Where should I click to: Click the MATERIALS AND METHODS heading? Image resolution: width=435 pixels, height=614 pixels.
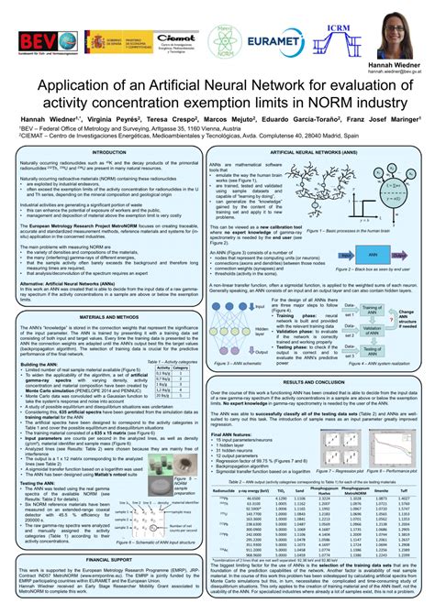pyautogui.click(x=109, y=314)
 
